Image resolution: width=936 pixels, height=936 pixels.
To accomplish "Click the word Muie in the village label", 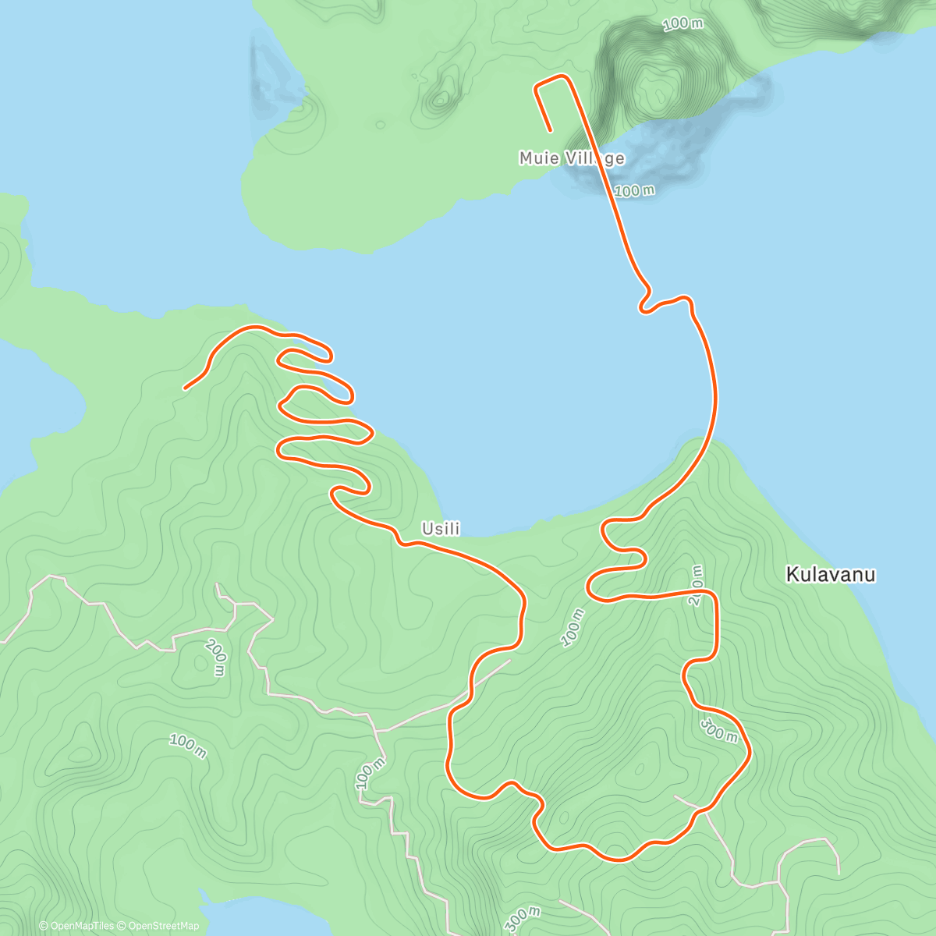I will coord(539,158).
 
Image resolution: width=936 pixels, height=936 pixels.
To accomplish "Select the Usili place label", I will coord(441,529).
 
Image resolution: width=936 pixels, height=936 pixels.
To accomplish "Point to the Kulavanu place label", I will coord(831,575).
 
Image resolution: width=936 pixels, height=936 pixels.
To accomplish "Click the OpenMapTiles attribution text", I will coord(76,926).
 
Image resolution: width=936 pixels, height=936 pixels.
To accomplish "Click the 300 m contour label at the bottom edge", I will coord(523,920).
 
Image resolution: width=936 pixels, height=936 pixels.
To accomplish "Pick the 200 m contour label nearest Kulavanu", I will coord(697,585).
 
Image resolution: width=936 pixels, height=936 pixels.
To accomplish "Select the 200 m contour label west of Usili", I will coord(215,657).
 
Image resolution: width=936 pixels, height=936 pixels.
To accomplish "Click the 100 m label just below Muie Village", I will coord(634,190).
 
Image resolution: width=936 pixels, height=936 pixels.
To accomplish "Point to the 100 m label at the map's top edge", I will coord(682,24).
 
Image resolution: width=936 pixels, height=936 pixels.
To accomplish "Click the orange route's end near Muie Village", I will coord(551,130).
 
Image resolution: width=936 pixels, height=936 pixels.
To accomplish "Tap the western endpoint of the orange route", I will coord(185,388).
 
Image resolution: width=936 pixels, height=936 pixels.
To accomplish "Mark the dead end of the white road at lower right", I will coord(838,872).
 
